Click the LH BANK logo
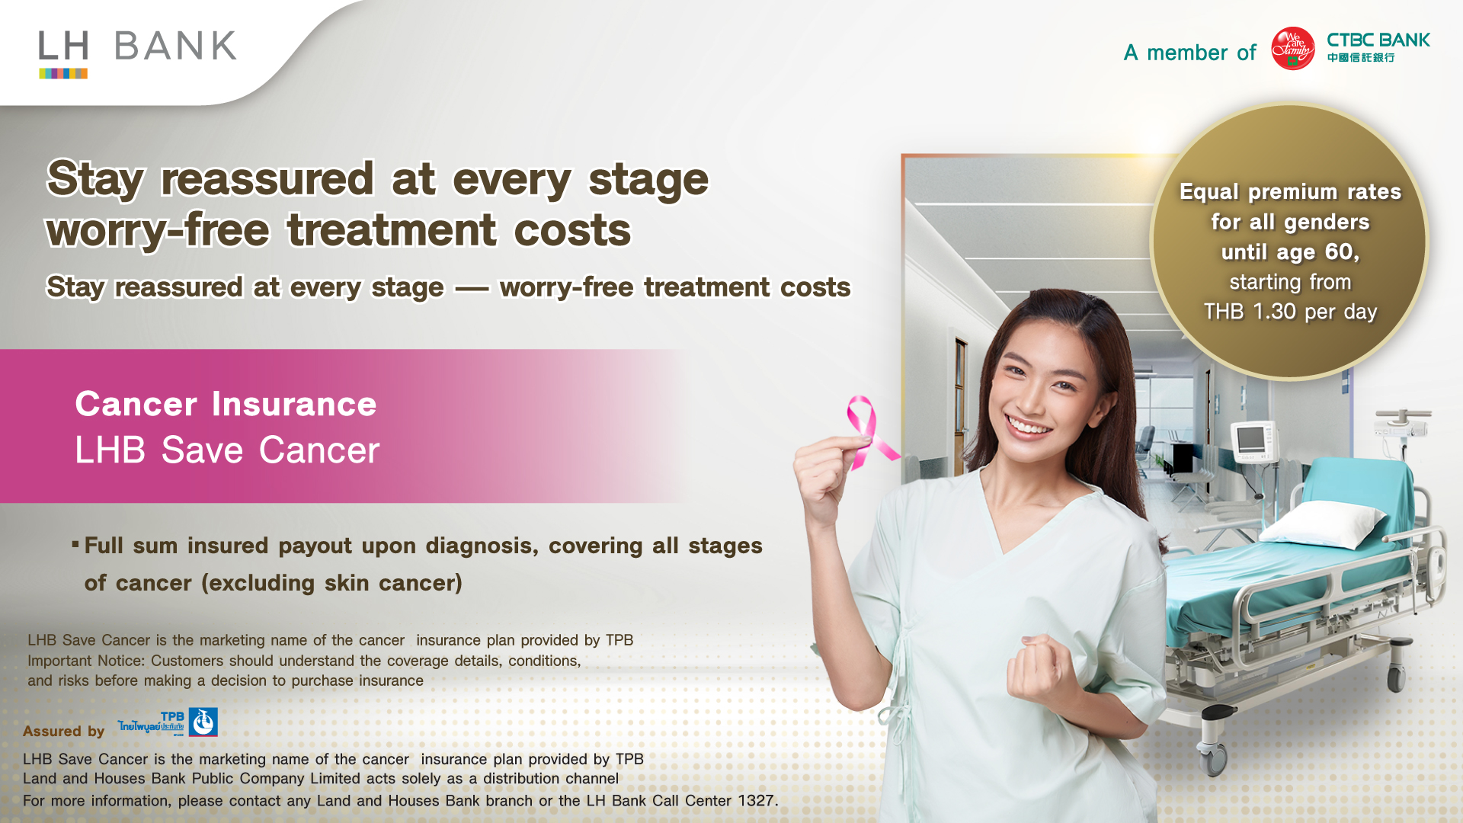[x=138, y=53]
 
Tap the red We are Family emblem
[x=1293, y=49]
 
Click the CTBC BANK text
[x=1378, y=40]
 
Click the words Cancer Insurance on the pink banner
[x=226, y=404]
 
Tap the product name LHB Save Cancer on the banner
[x=227, y=450]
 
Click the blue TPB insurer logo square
[x=203, y=722]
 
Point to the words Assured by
[x=63, y=732]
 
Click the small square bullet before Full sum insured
[x=75, y=544]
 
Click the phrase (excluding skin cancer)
[x=331, y=583]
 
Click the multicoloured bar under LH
[x=63, y=73]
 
